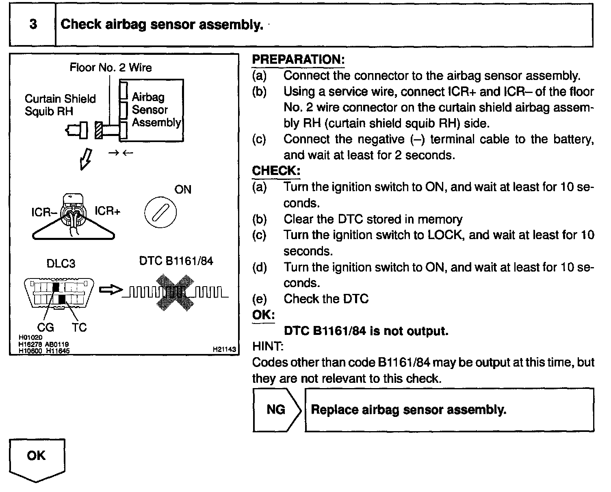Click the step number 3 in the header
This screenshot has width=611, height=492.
pyautogui.click(x=33, y=24)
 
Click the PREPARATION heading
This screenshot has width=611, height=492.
pyautogui.click(x=298, y=59)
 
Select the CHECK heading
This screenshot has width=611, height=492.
pyautogui.click(x=276, y=170)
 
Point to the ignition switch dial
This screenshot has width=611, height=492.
pyautogui.click(x=160, y=212)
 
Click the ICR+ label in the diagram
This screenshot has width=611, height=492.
pyautogui.click(x=107, y=211)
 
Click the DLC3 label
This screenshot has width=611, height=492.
pyautogui.click(x=61, y=263)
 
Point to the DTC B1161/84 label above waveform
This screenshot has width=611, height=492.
pyautogui.click(x=176, y=261)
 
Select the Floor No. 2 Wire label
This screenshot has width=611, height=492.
pyautogui.click(x=110, y=67)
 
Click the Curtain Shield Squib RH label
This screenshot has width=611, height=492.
pyautogui.click(x=60, y=105)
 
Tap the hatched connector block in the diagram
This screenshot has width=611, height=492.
pyautogui.click(x=98, y=130)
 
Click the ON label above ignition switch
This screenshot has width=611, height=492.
pyautogui.click(x=182, y=190)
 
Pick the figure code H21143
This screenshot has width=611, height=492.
pyautogui.click(x=224, y=349)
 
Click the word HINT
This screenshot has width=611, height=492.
pyautogui.click(x=268, y=346)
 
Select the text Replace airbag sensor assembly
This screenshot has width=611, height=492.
pyautogui.click(x=408, y=410)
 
